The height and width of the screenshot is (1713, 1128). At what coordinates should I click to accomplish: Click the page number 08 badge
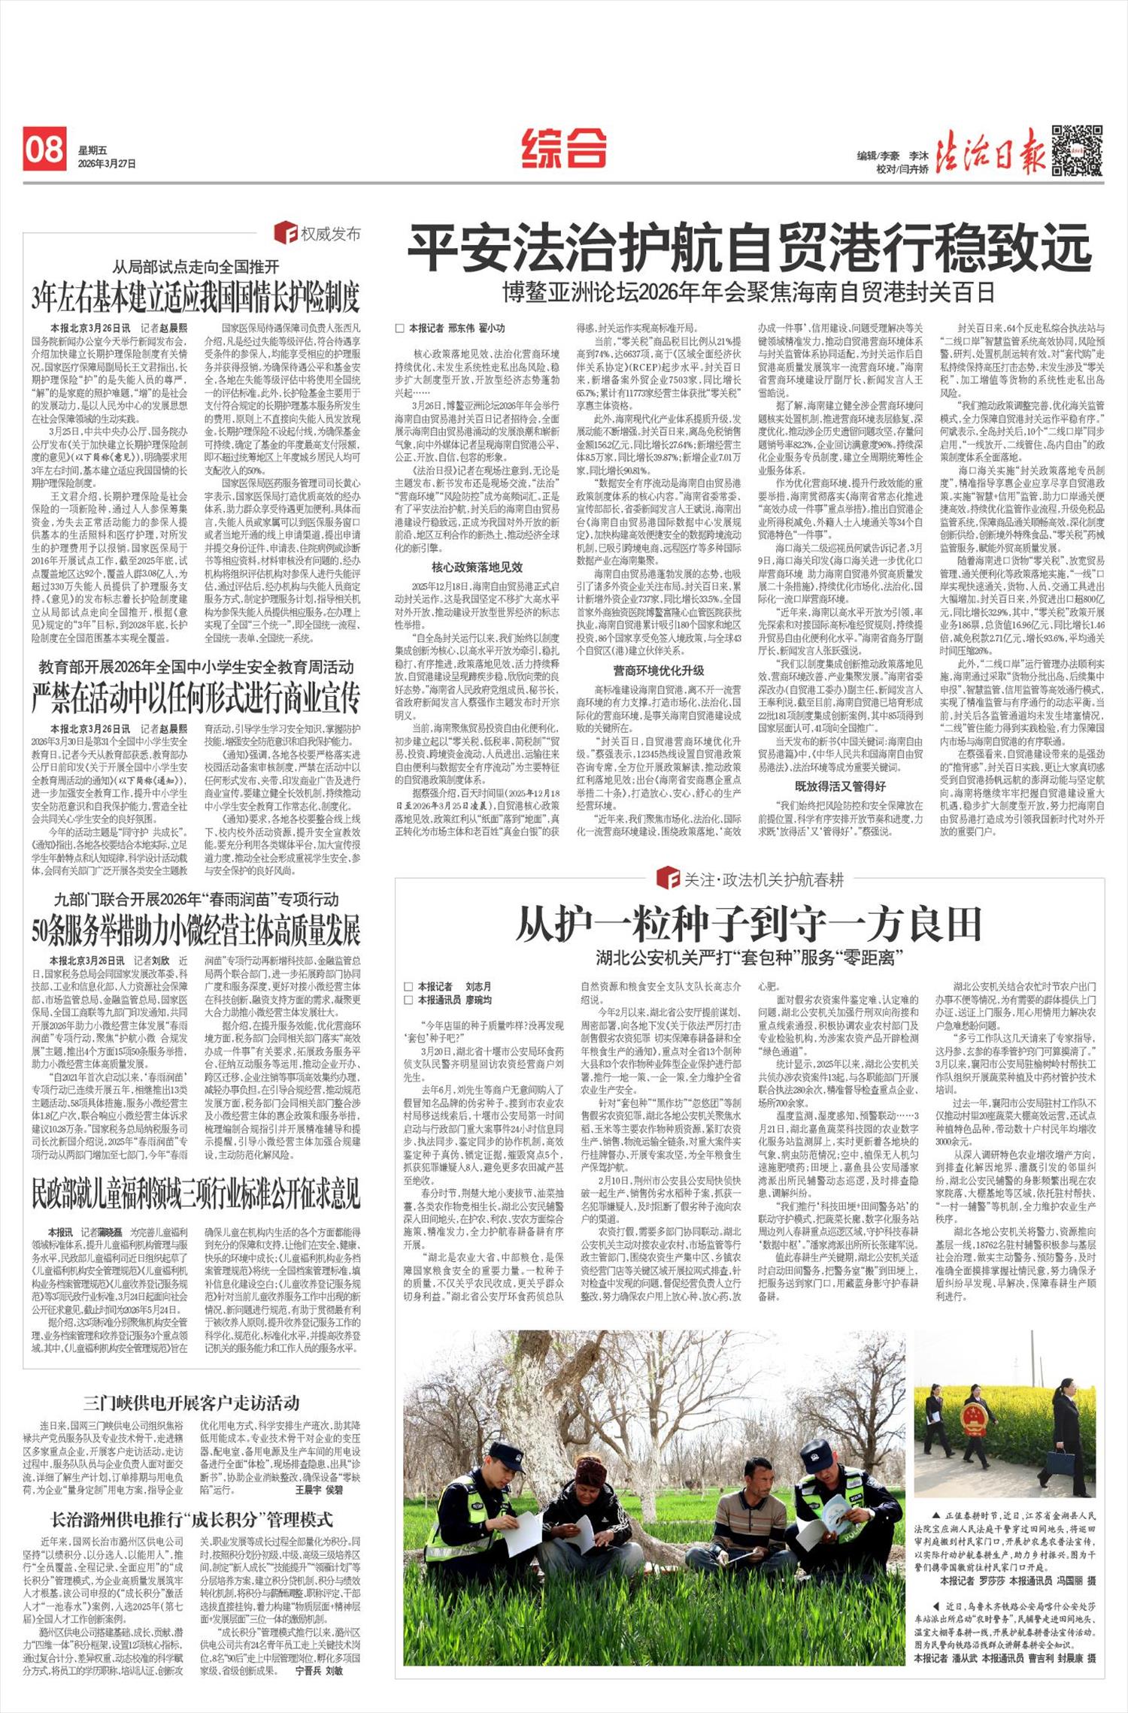coord(44,149)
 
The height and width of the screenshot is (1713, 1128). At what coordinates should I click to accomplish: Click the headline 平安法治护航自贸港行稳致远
coord(749,247)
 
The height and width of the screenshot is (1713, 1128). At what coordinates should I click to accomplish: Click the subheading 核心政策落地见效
coord(476,567)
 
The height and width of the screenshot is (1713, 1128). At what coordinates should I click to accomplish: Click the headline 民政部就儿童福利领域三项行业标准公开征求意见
coord(196,1194)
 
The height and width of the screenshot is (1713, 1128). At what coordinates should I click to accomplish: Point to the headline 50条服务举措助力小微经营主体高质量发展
coord(196,931)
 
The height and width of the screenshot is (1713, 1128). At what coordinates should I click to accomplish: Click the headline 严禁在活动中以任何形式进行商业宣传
coord(196,698)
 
